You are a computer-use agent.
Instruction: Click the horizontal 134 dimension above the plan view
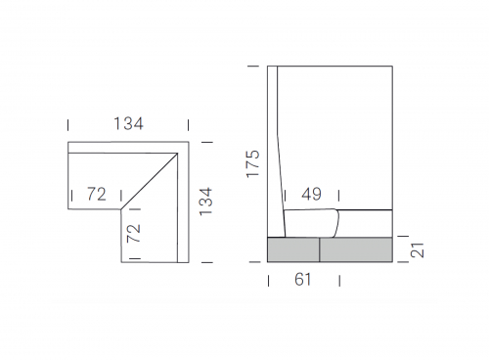tap(128, 124)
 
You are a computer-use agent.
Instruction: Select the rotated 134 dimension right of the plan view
tap(205, 202)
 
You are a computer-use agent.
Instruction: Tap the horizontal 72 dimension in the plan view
tap(97, 194)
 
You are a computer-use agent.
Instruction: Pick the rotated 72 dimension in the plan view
tap(133, 233)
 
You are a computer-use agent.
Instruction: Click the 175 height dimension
tap(252, 163)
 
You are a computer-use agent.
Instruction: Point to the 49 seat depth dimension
tap(312, 195)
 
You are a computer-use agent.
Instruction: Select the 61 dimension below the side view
tap(303, 280)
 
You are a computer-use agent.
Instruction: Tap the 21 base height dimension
tap(418, 250)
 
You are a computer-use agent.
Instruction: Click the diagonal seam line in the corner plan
tap(150, 181)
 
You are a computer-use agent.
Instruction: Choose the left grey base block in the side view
tap(293, 249)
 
